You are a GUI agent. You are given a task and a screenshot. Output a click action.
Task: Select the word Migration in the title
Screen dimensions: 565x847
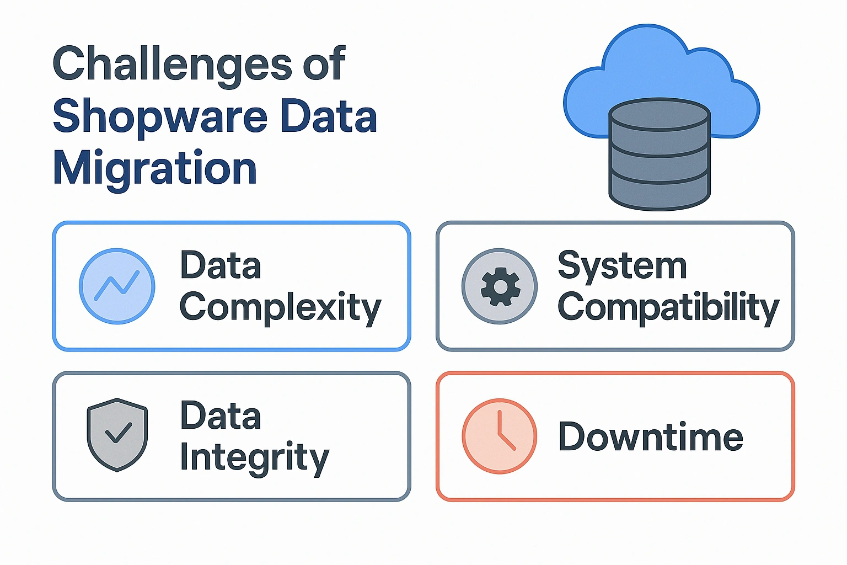(x=155, y=168)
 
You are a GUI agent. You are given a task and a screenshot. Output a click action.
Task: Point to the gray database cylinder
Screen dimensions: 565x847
(x=660, y=160)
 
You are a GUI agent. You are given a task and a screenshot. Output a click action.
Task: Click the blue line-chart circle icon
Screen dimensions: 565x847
(x=117, y=286)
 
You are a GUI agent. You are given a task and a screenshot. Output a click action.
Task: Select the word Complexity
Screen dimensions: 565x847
(x=280, y=308)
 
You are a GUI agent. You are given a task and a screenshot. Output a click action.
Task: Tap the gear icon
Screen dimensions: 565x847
(x=500, y=286)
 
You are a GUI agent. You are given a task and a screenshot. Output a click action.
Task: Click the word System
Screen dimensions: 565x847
(x=622, y=266)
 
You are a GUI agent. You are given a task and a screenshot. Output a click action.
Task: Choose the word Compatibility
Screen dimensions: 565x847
(x=668, y=307)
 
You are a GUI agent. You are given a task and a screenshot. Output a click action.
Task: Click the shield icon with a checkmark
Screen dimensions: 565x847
(x=117, y=434)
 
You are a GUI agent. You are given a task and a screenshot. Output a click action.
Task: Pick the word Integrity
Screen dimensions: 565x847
(x=254, y=458)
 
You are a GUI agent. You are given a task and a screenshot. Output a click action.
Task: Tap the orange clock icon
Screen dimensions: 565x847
(x=500, y=436)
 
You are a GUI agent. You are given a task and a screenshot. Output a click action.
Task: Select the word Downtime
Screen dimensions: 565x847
(x=651, y=437)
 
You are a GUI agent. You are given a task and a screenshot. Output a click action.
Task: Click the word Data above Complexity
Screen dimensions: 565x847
(x=221, y=265)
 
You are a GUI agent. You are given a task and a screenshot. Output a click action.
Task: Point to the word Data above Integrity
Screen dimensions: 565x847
(x=221, y=416)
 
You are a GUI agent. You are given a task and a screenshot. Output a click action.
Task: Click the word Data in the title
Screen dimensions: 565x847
(x=329, y=117)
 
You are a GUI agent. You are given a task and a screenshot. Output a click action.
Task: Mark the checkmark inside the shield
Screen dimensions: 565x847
(x=118, y=433)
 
